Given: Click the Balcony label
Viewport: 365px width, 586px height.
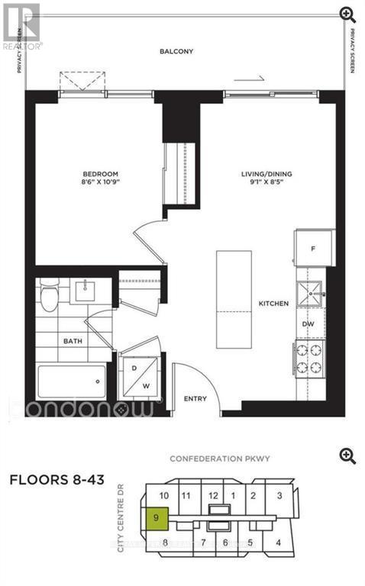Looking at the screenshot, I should tap(176, 52).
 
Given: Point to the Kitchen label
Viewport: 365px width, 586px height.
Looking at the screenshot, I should tap(273, 304).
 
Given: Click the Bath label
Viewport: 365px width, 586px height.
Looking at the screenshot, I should tap(73, 342).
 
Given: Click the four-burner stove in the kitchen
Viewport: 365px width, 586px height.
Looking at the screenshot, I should tap(308, 358).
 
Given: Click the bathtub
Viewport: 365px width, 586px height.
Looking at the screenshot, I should tap(72, 379).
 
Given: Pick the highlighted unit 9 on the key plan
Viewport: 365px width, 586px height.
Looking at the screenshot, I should tap(156, 518).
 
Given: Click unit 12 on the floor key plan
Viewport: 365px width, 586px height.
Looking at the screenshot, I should tap(213, 495).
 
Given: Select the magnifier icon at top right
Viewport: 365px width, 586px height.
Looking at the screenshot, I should tap(347, 14).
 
